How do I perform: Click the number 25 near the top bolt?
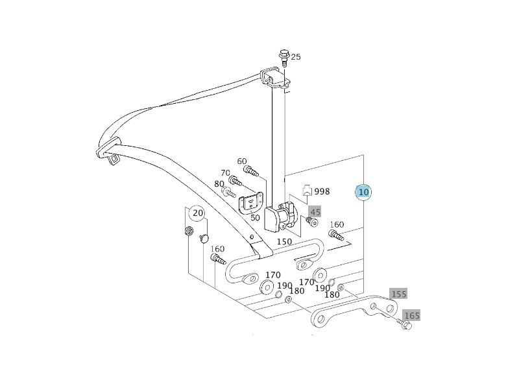click(296, 57)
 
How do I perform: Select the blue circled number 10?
click(363, 192)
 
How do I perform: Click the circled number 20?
click(197, 213)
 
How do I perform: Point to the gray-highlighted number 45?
click(315, 212)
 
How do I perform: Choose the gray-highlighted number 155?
click(398, 294)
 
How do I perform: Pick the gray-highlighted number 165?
click(412, 316)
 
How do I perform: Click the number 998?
click(322, 192)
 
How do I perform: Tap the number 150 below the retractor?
click(284, 242)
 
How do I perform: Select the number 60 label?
click(242, 161)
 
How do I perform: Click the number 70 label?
click(225, 173)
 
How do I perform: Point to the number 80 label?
click(219, 183)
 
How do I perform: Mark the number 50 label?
click(255, 218)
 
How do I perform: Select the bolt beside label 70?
click(235, 181)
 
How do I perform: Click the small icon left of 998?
click(308, 191)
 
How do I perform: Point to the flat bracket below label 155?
click(354, 311)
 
